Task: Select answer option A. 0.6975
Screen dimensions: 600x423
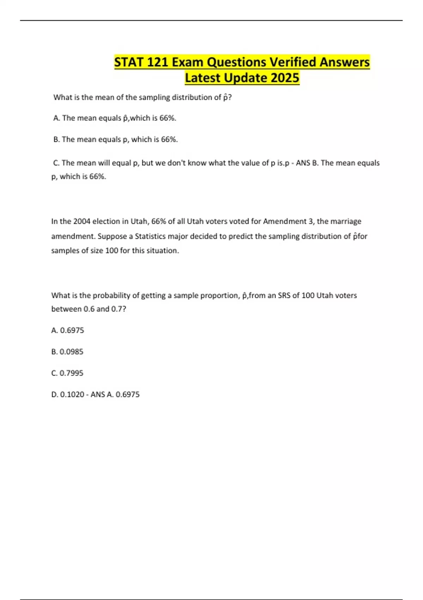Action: (68, 330)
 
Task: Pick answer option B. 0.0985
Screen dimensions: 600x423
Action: (67, 352)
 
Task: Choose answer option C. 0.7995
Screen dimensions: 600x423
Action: (67, 373)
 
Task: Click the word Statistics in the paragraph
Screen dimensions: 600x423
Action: (150, 236)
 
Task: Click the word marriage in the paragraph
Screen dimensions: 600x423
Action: (346, 222)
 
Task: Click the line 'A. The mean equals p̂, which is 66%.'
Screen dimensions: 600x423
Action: (115, 118)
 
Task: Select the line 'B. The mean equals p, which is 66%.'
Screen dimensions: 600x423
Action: (116, 140)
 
